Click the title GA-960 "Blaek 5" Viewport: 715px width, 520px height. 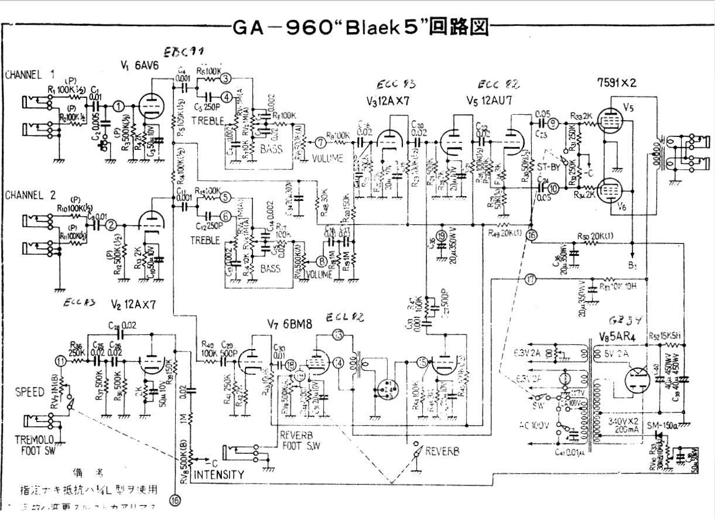[361, 28]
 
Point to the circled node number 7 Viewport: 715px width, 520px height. [319, 141]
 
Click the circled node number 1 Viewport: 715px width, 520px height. [119, 106]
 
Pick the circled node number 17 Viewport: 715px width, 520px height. [531, 280]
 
